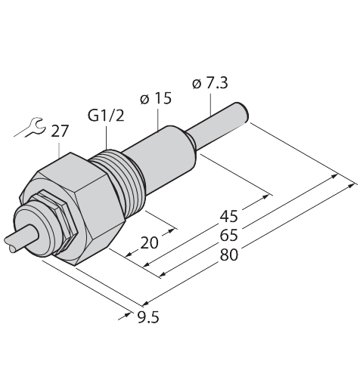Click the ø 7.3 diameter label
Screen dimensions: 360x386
(209, 84)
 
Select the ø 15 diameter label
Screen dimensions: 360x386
(156, 98)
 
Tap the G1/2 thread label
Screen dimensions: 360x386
(106, 116)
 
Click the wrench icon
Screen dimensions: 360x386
(29, 127)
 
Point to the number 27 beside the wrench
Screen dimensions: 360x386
(60, 131)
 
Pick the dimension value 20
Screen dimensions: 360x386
(149, 242)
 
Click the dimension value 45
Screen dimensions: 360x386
(229, 217)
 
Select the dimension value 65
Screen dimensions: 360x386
(229, 236)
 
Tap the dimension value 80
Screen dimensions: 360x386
(229, 255)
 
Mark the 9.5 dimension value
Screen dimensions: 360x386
(148, 317)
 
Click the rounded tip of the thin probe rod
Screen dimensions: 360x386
(244, 113)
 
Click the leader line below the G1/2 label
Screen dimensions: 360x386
(107, 138)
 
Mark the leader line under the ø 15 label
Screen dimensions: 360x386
(158, 119)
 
